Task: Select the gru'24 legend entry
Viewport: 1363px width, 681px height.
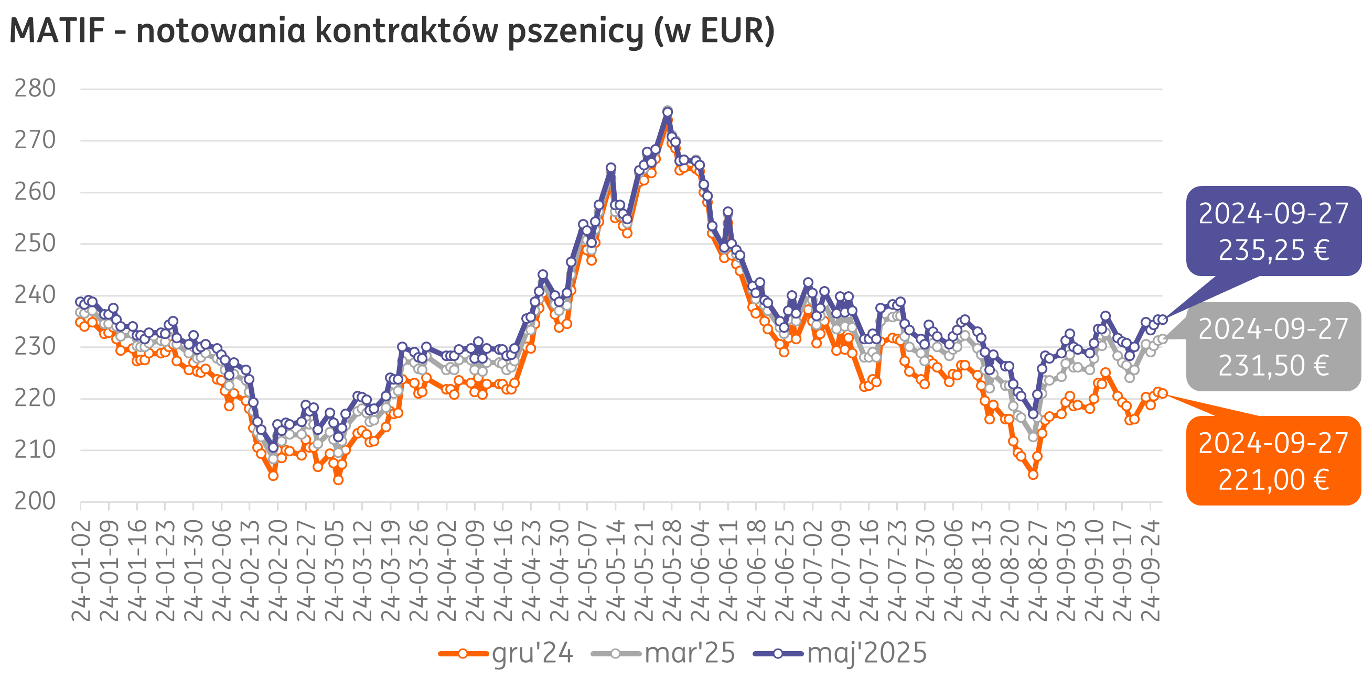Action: click(x=532, y=653)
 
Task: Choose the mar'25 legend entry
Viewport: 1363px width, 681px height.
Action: click(x=690, y=653)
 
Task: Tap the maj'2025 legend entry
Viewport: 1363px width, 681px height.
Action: click(x=867, y=653)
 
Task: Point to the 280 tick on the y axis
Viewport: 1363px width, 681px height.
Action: click(x=35, y=89)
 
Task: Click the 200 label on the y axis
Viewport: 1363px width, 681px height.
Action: click(x=35, y=501)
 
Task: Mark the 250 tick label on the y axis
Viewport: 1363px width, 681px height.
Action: click(x=35, y=244)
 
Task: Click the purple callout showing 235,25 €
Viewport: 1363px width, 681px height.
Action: click(x=1273, y=232)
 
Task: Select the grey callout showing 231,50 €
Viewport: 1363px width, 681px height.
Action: click(x=1273, y=347)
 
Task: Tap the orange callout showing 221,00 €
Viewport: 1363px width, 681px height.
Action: click(x=1273, y=461)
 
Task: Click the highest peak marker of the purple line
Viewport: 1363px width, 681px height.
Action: click(x=668, y=112)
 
